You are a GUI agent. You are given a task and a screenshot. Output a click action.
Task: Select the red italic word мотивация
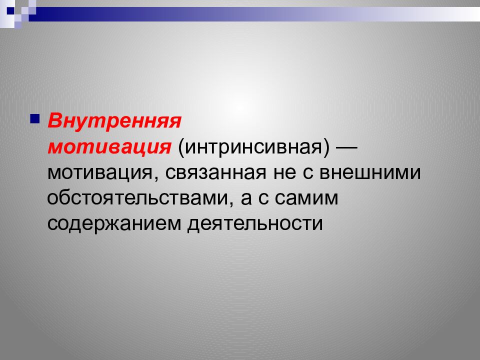[x=107, y=147]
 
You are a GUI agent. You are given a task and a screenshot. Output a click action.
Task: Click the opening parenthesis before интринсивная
[x=176, y=148]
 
